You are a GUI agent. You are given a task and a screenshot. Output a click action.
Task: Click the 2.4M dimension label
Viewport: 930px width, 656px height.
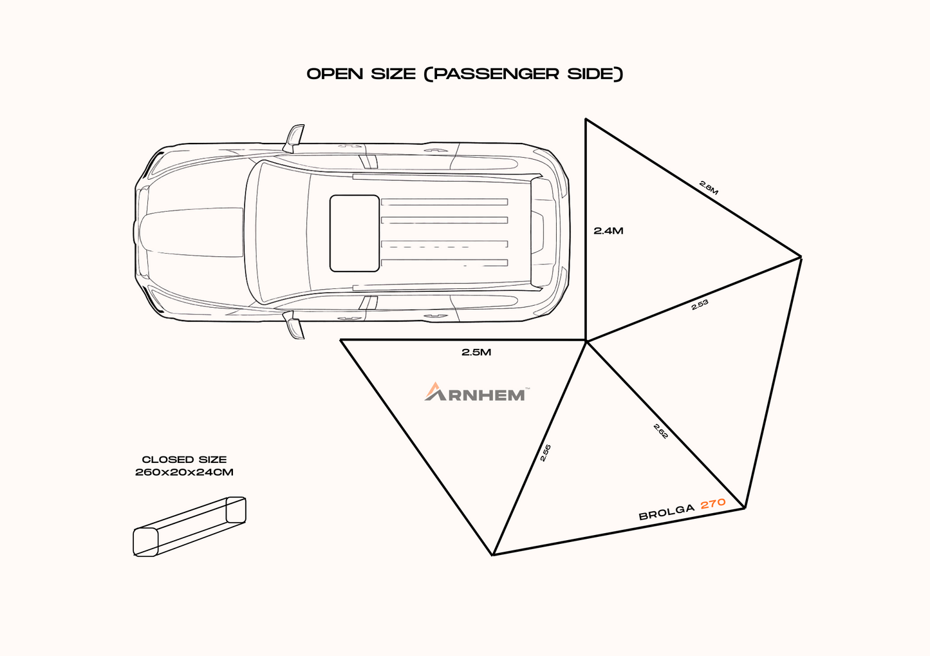tap(608, 230)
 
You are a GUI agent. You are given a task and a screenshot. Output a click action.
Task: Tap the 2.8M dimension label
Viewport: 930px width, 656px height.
tap(709, 187)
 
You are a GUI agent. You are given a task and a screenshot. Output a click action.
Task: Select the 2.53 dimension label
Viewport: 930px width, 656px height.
tap(700, 305)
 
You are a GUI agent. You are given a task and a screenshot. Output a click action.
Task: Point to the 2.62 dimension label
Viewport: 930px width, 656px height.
tap(661, 431)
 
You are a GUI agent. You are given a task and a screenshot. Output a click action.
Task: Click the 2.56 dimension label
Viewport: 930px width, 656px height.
tap(546, 453)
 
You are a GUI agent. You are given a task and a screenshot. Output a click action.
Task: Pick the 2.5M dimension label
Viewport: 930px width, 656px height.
tap(476, 352)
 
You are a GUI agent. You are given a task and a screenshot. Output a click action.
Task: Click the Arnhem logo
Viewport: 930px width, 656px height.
tap(476, 392)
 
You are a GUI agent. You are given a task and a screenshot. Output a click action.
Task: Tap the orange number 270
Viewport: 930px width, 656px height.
tap(713, 503)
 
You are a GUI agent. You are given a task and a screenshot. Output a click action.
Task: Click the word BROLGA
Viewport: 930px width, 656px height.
tap(667, 512)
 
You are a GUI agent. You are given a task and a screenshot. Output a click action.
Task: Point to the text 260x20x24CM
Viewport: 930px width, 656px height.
tap(184, 472)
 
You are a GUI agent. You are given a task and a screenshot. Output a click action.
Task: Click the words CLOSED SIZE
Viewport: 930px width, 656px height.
tap(184, 460)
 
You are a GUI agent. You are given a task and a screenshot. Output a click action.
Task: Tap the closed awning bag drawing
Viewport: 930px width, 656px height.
tap(189, 526)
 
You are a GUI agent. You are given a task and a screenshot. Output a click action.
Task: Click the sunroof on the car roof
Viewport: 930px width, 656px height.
tap(354, 233)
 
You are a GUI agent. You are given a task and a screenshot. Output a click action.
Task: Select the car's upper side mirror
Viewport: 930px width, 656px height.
tap(295, 137)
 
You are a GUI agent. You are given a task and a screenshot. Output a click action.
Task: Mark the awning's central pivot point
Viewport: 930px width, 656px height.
tap(586, 341)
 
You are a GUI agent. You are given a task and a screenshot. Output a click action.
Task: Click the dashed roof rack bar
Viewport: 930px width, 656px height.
tap(444, 245)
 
